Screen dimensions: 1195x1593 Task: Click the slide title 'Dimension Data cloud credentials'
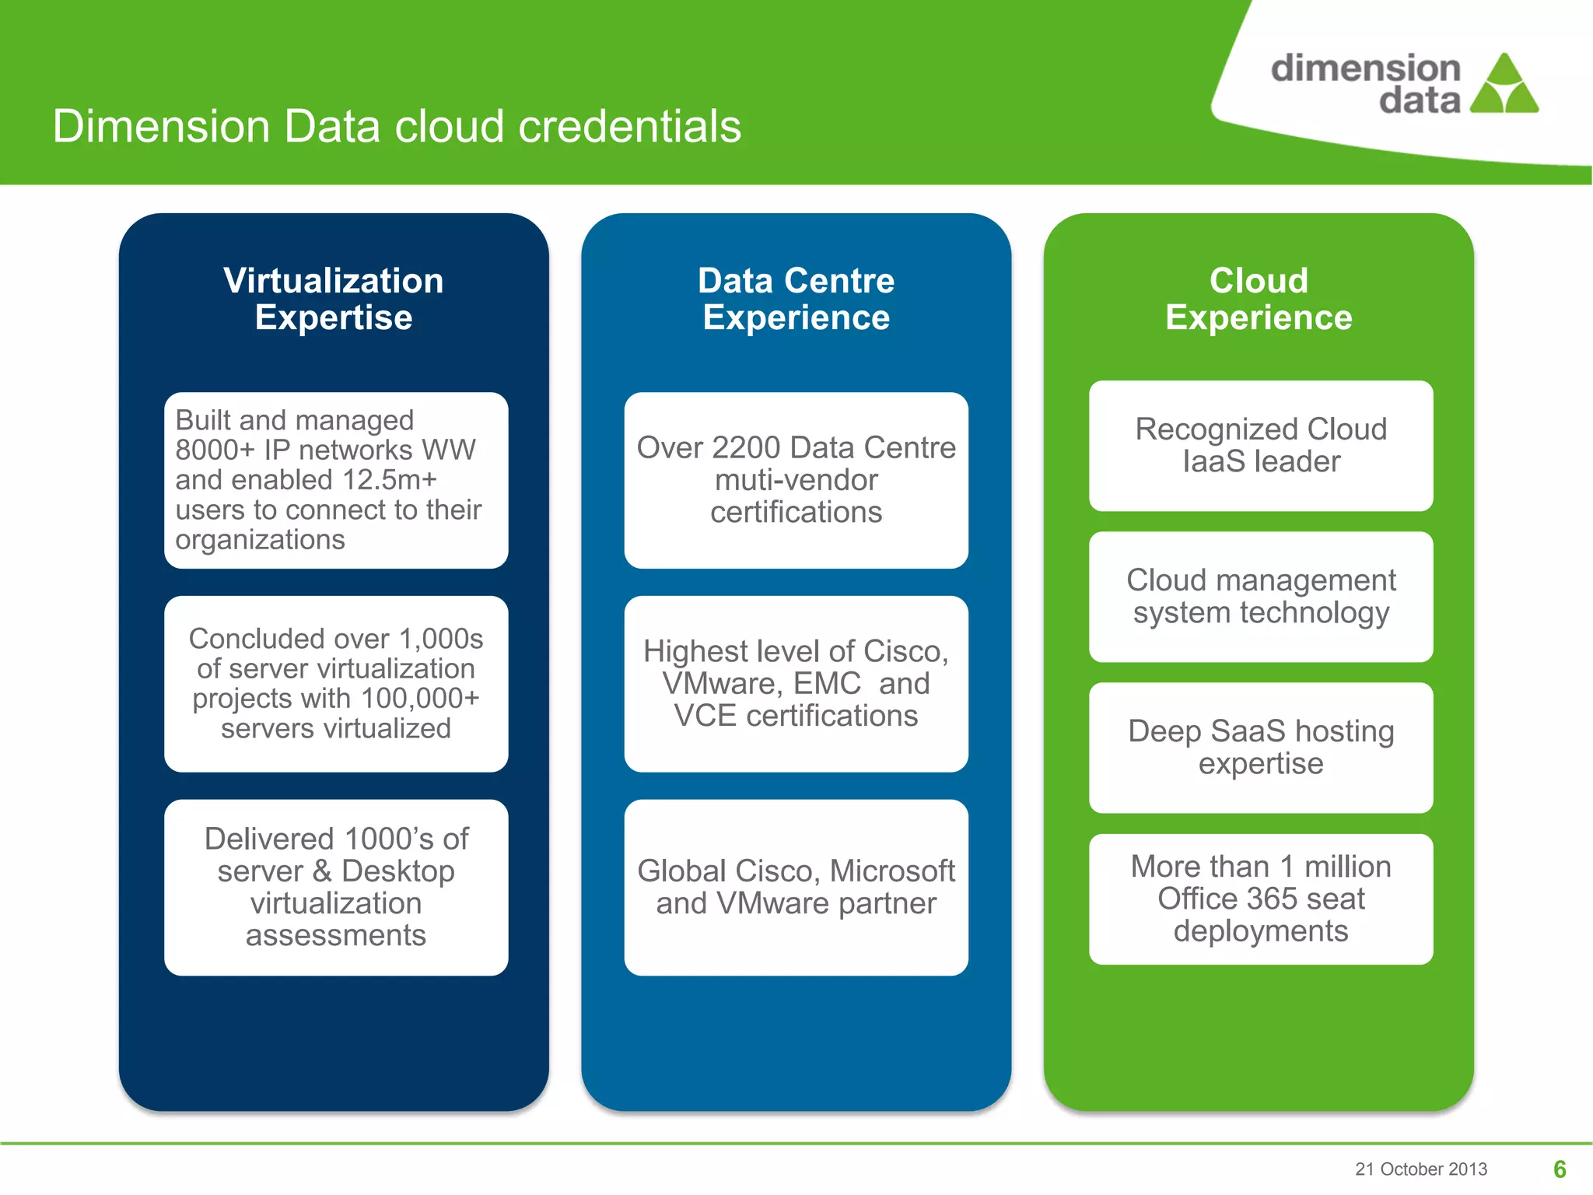[397, 127]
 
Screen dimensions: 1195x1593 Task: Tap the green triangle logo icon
[1504, 86]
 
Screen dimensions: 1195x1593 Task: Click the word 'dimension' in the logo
[1365, 68]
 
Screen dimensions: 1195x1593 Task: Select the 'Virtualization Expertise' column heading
[334, 299]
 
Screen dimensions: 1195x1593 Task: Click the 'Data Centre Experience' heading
[796, 299]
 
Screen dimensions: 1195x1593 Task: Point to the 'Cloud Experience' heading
[1259, 299]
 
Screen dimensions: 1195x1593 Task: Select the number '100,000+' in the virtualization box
[420, 699]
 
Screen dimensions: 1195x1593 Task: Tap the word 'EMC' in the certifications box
[827, 684]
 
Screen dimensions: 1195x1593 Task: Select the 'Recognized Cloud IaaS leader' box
[1260, 446]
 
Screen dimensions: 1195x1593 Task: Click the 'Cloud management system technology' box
[1260, 597]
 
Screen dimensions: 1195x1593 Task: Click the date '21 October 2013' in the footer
[1420, 1169]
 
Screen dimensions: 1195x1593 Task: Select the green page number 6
[1560, 1169]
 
